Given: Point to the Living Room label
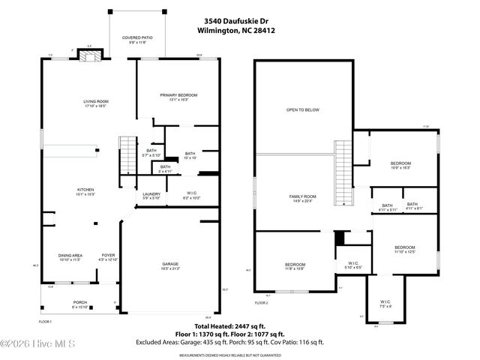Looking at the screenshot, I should coord(96,103).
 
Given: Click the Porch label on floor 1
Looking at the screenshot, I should coord(79,304).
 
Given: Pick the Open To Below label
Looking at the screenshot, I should coord(302,110).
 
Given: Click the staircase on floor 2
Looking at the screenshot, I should coord(343,158).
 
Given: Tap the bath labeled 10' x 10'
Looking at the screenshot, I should coord(190,156).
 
